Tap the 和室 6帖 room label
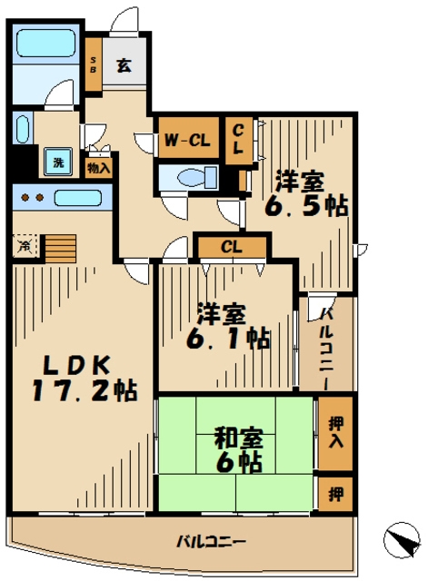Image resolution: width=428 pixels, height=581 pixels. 239,450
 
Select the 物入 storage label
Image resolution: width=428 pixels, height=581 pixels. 98,167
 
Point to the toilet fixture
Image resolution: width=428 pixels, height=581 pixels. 191,176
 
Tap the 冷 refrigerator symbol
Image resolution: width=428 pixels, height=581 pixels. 25,243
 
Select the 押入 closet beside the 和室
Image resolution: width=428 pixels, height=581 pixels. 333,432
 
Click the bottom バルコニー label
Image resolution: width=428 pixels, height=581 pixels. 211,542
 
